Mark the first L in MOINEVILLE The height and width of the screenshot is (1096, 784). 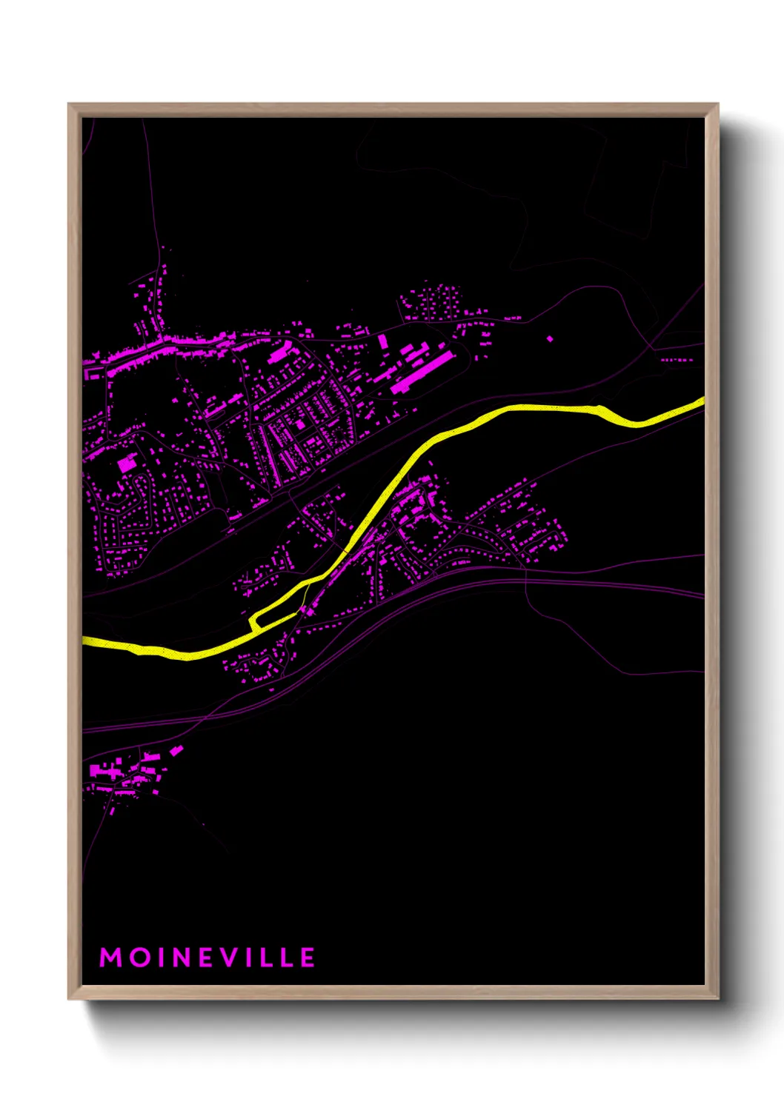268,958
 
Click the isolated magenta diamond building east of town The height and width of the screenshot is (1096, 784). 549,338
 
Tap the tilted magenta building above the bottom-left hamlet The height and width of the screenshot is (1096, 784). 176,750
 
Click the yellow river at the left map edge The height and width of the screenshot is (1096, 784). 87,641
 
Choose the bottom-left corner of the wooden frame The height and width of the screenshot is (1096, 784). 70,998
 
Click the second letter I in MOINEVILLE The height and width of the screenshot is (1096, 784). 251,958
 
